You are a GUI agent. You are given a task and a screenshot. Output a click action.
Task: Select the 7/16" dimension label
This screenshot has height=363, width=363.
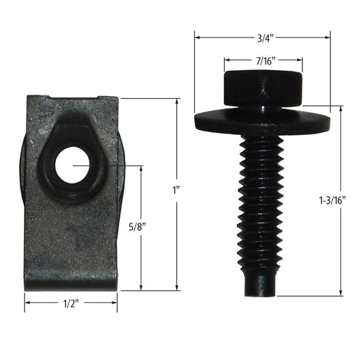262,62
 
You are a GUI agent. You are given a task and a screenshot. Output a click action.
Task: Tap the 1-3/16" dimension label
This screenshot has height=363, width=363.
332,200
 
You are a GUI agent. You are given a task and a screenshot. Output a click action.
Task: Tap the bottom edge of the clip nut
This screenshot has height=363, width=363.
72,288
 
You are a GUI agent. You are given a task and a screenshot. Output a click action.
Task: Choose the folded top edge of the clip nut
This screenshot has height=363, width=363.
72,99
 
